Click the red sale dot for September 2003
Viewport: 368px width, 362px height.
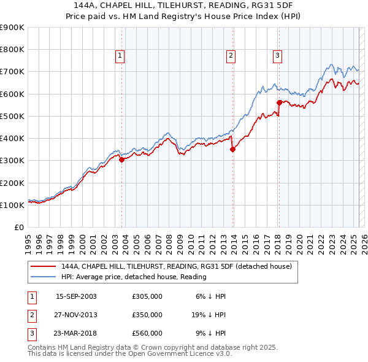[121, 160]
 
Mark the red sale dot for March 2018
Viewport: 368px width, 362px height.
[279, 102]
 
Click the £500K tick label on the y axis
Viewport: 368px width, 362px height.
[12, 116]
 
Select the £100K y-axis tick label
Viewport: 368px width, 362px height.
[12, 205]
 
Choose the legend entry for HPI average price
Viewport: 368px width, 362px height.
[134, 277]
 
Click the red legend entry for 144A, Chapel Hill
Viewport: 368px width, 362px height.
[180, 266]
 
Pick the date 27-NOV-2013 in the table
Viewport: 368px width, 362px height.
[76, 315]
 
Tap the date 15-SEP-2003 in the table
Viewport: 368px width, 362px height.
[76, 296]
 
